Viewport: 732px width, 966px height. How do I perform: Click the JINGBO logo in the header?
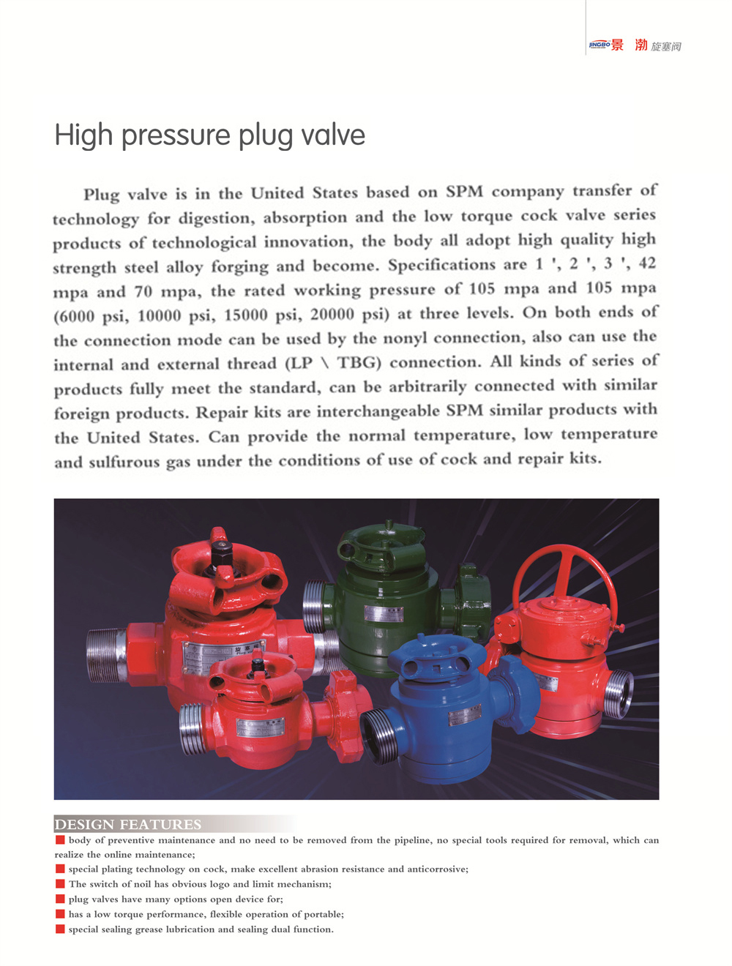point(600,45)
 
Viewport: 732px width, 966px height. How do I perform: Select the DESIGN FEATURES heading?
point(127,824)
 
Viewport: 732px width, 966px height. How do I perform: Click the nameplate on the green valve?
point(384,613)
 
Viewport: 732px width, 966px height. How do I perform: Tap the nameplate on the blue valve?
point(464,714)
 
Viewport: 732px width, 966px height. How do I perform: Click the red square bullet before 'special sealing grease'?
point(60,929)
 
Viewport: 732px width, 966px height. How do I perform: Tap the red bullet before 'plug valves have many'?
point(60,899)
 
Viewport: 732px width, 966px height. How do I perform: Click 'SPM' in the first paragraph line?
point(464,192)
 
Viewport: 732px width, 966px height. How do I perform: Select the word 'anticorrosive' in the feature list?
point(436,869)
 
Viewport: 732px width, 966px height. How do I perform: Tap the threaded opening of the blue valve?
point(381,736)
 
